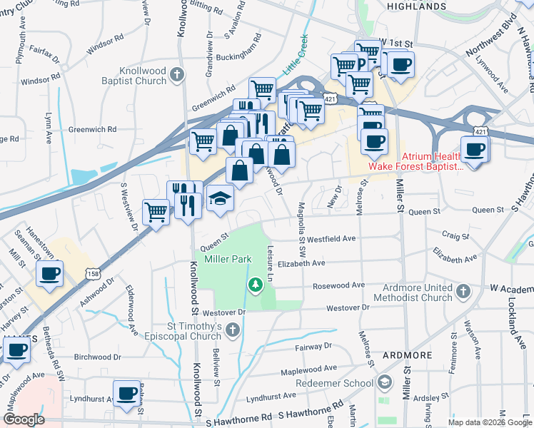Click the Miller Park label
coord(228,259)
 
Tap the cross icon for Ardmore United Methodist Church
coord(463,291)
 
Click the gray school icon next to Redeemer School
coord(386,383)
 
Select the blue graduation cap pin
coord(221,199)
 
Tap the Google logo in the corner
coord(24,419)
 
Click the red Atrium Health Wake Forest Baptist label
coord(415,161)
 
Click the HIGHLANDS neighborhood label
coord(415,6)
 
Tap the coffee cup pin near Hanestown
coord(49,273)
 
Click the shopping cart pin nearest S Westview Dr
coord(156,211)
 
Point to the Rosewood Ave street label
coord(338,285)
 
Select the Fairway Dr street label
coord(314,347)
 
